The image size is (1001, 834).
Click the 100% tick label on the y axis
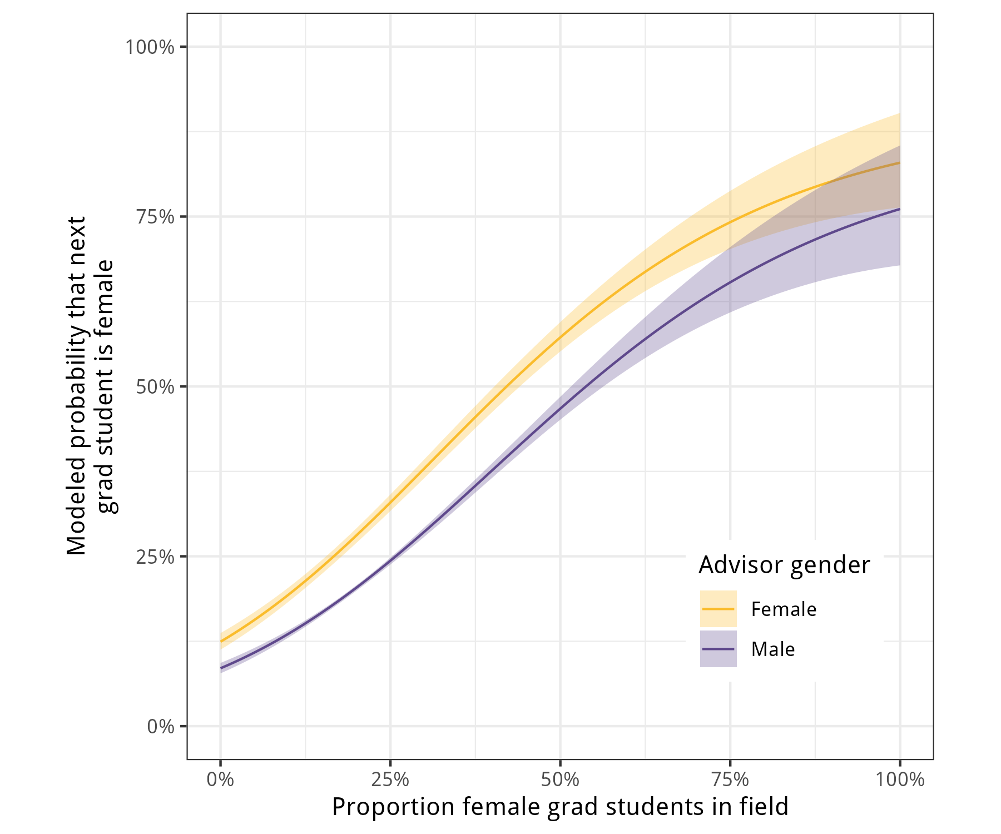150,47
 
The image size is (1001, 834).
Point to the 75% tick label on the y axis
155,217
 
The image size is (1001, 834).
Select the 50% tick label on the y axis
155,387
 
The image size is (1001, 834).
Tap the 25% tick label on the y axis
155,557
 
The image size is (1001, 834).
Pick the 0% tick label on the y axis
161,727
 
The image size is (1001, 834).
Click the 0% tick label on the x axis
220,780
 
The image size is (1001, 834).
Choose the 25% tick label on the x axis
390,780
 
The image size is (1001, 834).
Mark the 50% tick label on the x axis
560,780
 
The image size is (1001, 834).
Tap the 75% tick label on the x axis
730,780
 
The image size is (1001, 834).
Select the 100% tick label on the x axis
900,780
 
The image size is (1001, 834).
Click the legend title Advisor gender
784,565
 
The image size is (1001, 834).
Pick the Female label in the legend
784,609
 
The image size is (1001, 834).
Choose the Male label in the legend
773,649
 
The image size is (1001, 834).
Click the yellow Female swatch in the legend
718,609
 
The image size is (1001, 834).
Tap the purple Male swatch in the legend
718,649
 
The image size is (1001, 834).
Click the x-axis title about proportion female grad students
560,807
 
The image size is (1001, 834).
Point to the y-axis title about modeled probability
89,386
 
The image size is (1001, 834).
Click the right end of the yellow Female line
899,162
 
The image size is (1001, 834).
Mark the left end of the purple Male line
221,668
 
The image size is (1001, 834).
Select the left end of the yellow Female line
221,641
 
